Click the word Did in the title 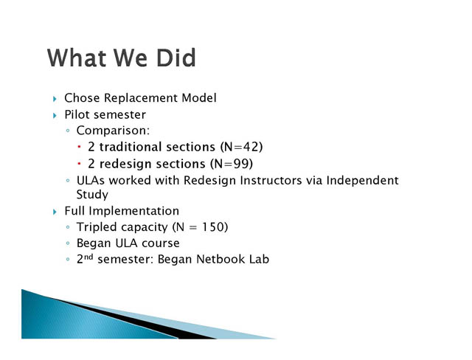tap(176, 58)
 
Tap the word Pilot tap(77, 114)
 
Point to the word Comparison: tap(113, 131)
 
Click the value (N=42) tap(241, 147)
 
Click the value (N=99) tap(232, 164)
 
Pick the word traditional tap(157, 147)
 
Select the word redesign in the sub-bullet tap(153, 165)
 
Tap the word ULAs tap(90, 180)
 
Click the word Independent tap(362, 181)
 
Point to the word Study tap(92, 195)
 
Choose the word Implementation tap(133, 211)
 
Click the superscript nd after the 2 tap(88, 257)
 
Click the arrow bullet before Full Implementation tap(55, 212)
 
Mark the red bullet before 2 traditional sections tap(79, 148)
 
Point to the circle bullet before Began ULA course tap(68, 243)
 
